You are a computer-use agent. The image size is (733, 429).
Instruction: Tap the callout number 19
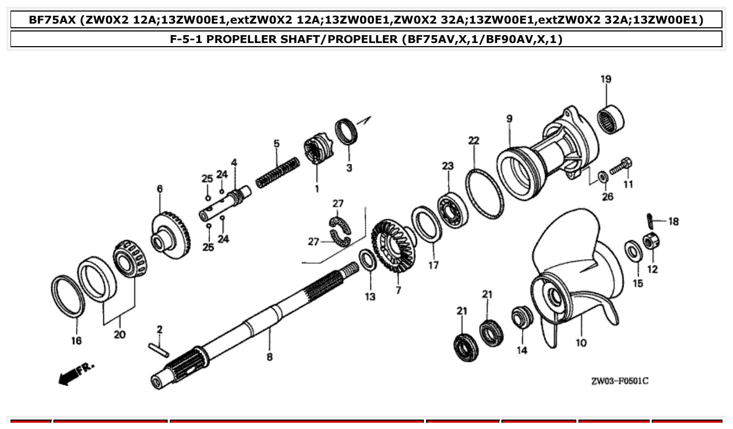point(606,79)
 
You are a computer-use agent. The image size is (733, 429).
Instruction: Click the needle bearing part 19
point(611,119)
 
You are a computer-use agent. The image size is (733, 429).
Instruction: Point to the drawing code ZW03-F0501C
point(619,381)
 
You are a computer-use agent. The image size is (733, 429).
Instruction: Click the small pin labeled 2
point(159,349)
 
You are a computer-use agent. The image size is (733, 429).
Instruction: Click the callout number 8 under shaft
point(269,357)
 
